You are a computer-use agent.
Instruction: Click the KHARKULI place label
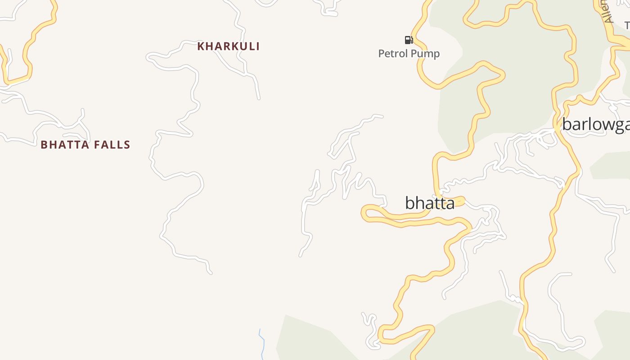(x=229, y=46)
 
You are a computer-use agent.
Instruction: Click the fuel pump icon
(x=409, y=40)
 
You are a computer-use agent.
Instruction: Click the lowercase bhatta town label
(x=430, y=203)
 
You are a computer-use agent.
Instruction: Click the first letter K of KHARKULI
(x=201, y=46)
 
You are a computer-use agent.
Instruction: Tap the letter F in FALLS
(x=98, y=145)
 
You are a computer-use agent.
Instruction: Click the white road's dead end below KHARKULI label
(x=259, y=98)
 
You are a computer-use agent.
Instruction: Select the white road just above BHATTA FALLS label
(x=67, y=134)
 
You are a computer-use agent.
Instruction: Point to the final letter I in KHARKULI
(x=258, y=46)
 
